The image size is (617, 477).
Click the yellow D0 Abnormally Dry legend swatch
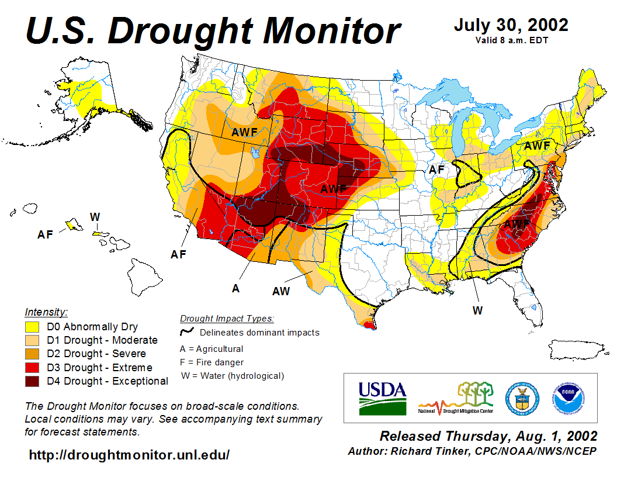(32, 327)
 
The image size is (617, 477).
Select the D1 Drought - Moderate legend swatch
(32, 340)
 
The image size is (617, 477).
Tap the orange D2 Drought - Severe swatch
(32, 354)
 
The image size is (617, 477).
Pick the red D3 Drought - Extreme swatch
(32, 368)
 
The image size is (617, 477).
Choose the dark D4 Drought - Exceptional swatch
(32, 381)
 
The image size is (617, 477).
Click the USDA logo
(382, 397)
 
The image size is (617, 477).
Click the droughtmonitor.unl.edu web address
(129, 455)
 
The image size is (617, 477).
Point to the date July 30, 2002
(511, 25)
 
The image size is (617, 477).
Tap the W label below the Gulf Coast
(477, 310)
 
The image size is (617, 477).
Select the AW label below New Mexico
(281, 291)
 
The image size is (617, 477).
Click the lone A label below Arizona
(235, 288)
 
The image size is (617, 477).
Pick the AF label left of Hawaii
(45, 234)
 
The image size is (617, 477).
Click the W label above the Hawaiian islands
(95, 217)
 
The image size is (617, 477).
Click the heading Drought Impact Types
(227, 319)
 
